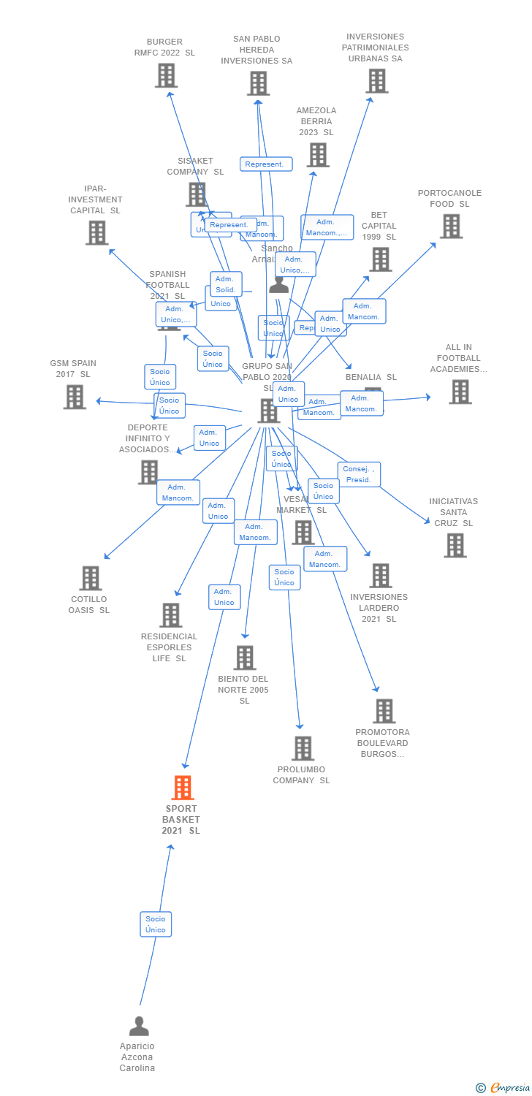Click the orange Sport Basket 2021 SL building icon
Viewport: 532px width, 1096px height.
coord(183,787)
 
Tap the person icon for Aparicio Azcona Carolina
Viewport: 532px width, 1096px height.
coord(139,1026)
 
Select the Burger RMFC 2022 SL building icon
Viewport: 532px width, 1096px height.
coord(166,75)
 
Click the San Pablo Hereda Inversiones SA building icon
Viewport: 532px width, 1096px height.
coord(258,83)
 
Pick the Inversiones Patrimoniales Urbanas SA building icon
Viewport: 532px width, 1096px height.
coord(376,81)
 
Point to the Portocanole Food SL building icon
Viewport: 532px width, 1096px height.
coord(451,227)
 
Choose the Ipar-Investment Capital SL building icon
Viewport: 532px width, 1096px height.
coord(96,232)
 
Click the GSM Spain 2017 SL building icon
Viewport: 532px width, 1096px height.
coord(75,397)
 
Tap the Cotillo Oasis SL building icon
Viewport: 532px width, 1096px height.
coord(90,578)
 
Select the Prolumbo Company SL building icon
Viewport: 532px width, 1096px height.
coord(303,748)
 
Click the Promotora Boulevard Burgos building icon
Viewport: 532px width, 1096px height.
coord(384,711)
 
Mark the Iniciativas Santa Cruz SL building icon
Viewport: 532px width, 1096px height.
coord(455,545)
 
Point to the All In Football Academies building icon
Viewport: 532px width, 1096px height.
coord(460,392)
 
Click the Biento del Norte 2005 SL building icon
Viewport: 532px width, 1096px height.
coord(245,658)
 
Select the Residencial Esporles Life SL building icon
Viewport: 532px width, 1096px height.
coord(170,615)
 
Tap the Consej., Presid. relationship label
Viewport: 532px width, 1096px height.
coord(359,474)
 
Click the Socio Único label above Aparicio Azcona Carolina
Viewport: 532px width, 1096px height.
coord(156,924)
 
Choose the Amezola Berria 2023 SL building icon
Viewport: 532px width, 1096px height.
coord(318,155)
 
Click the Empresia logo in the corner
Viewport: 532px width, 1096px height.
coord(504,1088)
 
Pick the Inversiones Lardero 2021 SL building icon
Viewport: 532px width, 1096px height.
coord(380,576)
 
